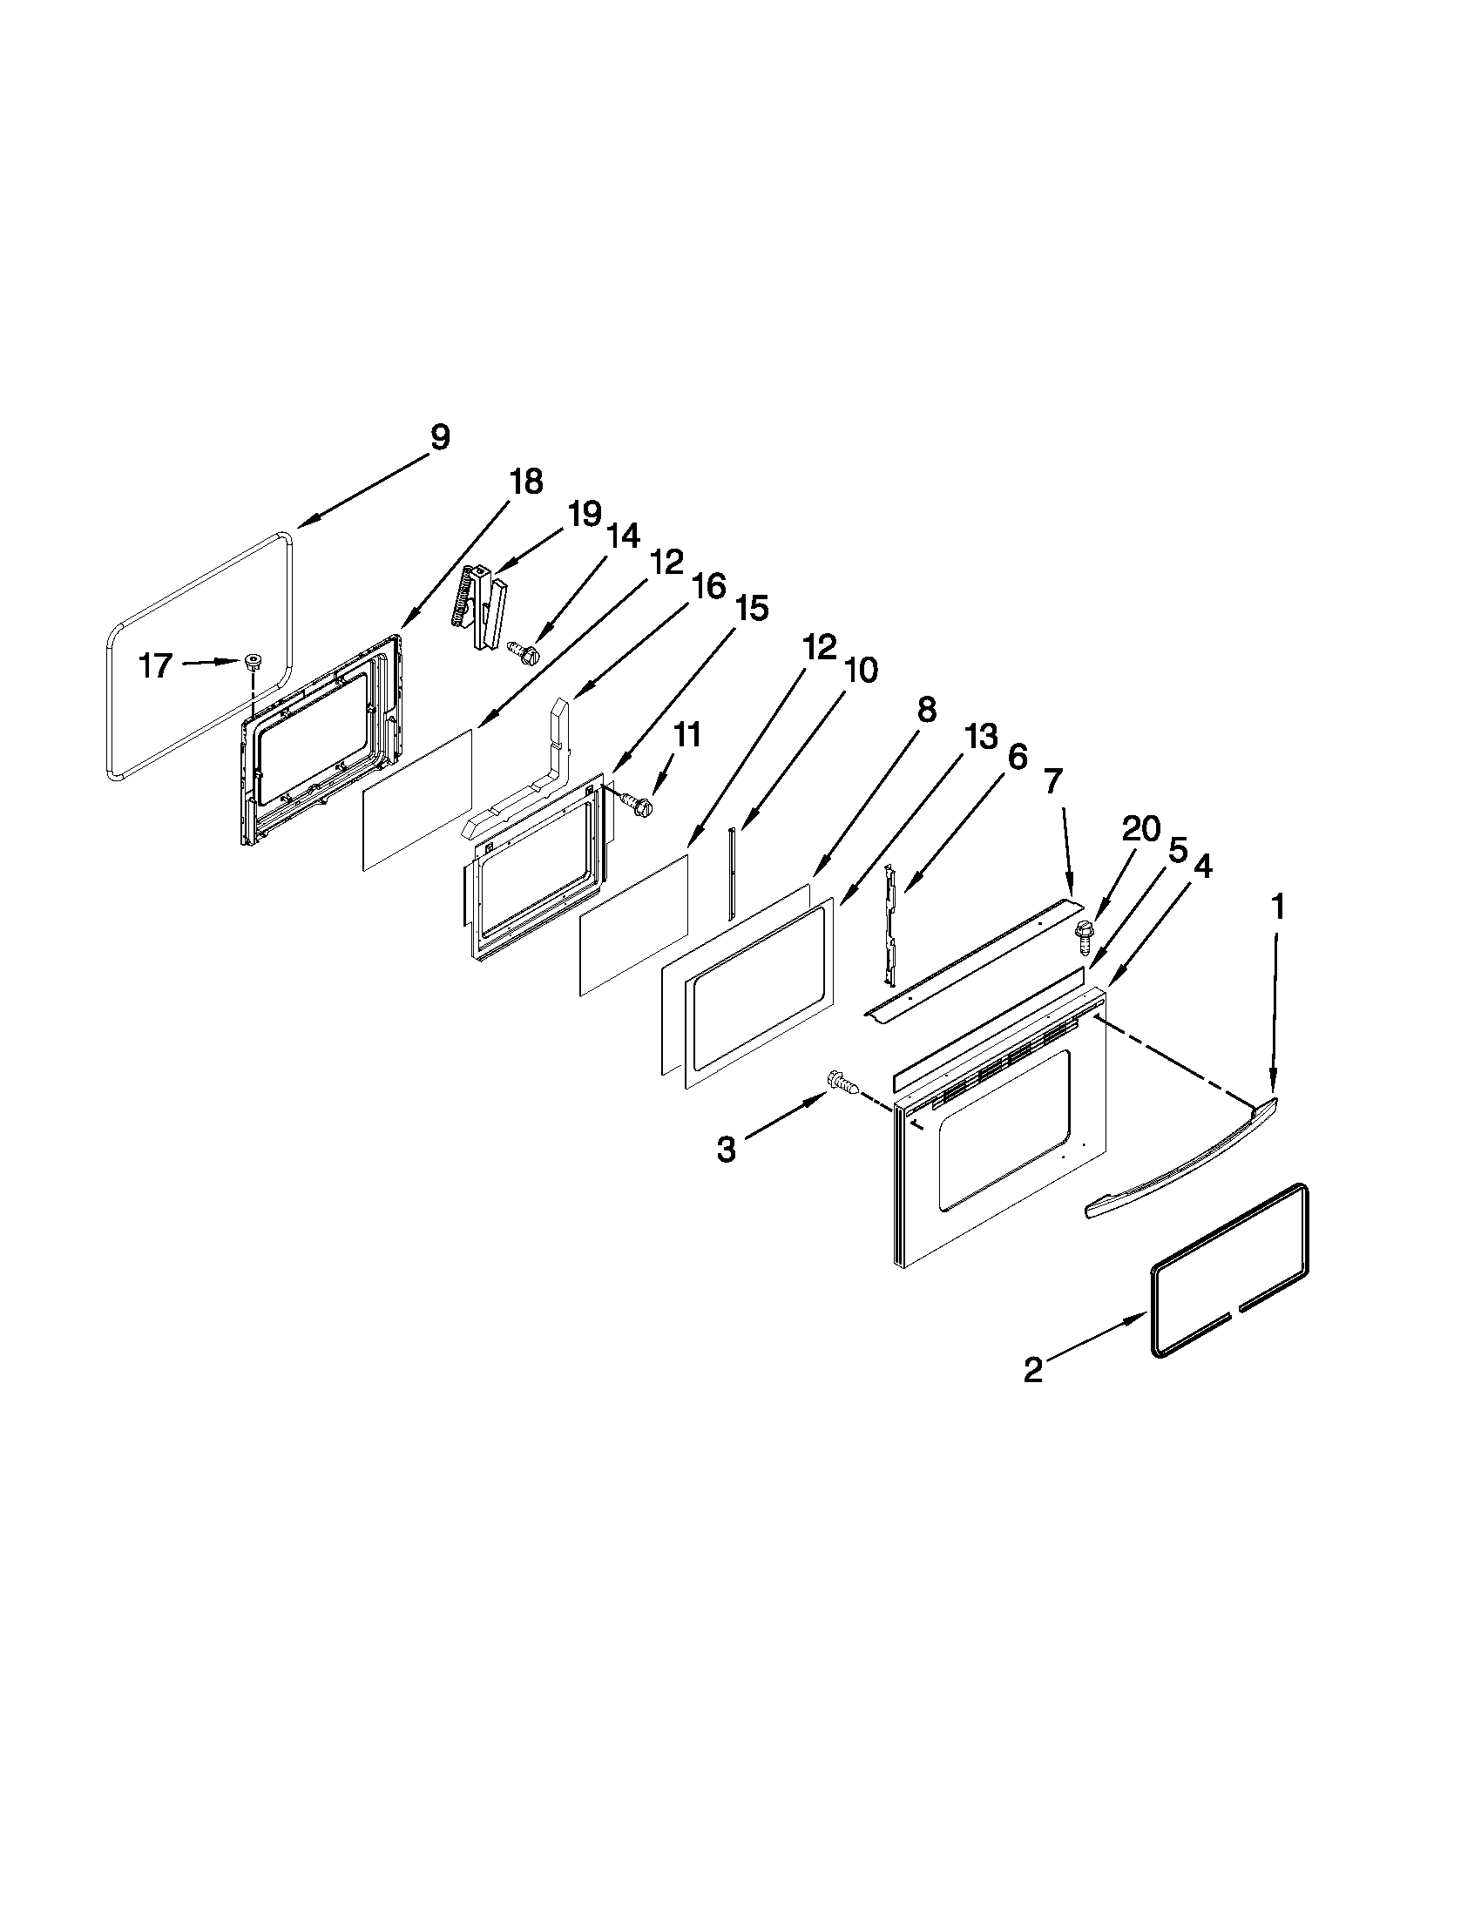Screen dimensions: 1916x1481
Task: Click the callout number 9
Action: click(x=440, y=437)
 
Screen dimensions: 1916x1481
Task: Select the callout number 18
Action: click(x=525, y=482)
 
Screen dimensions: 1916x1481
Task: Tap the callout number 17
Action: click(x=155, y=667)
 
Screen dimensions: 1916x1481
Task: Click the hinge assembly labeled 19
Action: click(x=483, y=605)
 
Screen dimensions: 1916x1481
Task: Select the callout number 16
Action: click(x=709, y=586)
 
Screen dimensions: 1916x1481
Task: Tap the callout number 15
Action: click(x=751, y=607)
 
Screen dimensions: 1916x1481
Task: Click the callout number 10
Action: click(x=861, y=671)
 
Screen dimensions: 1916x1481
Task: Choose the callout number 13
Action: click(x=980, y=737)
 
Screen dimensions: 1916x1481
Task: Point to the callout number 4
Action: click(x=1203, y=867)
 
